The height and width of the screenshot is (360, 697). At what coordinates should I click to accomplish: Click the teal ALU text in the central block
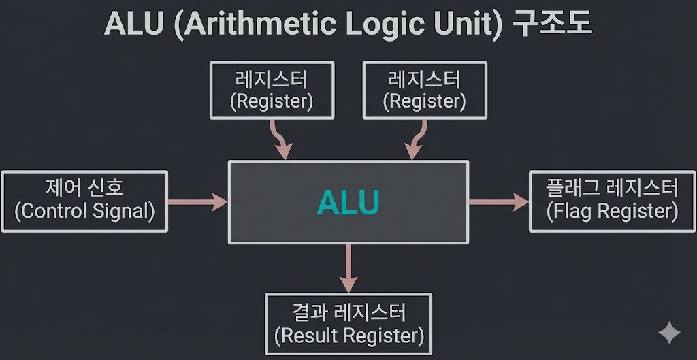[348, 202]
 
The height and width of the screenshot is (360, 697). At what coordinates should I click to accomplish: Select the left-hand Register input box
[272, 90]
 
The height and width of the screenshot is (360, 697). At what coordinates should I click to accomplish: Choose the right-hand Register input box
[424, 90]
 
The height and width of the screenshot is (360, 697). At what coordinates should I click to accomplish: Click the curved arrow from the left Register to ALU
[280, 140]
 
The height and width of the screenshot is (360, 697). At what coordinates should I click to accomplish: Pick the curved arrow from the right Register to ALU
[415, 140]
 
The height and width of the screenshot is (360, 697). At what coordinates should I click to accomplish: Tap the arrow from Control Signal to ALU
[197, 201]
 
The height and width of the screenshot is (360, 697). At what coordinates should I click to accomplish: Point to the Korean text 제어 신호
[84, 187]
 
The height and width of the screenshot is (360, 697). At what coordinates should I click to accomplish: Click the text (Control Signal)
[84, 211]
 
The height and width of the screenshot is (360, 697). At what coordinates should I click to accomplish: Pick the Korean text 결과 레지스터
[348, 312]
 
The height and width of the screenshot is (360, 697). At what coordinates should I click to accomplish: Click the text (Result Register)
[348, 336]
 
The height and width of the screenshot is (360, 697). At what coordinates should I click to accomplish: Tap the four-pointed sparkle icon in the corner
[669, 333]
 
